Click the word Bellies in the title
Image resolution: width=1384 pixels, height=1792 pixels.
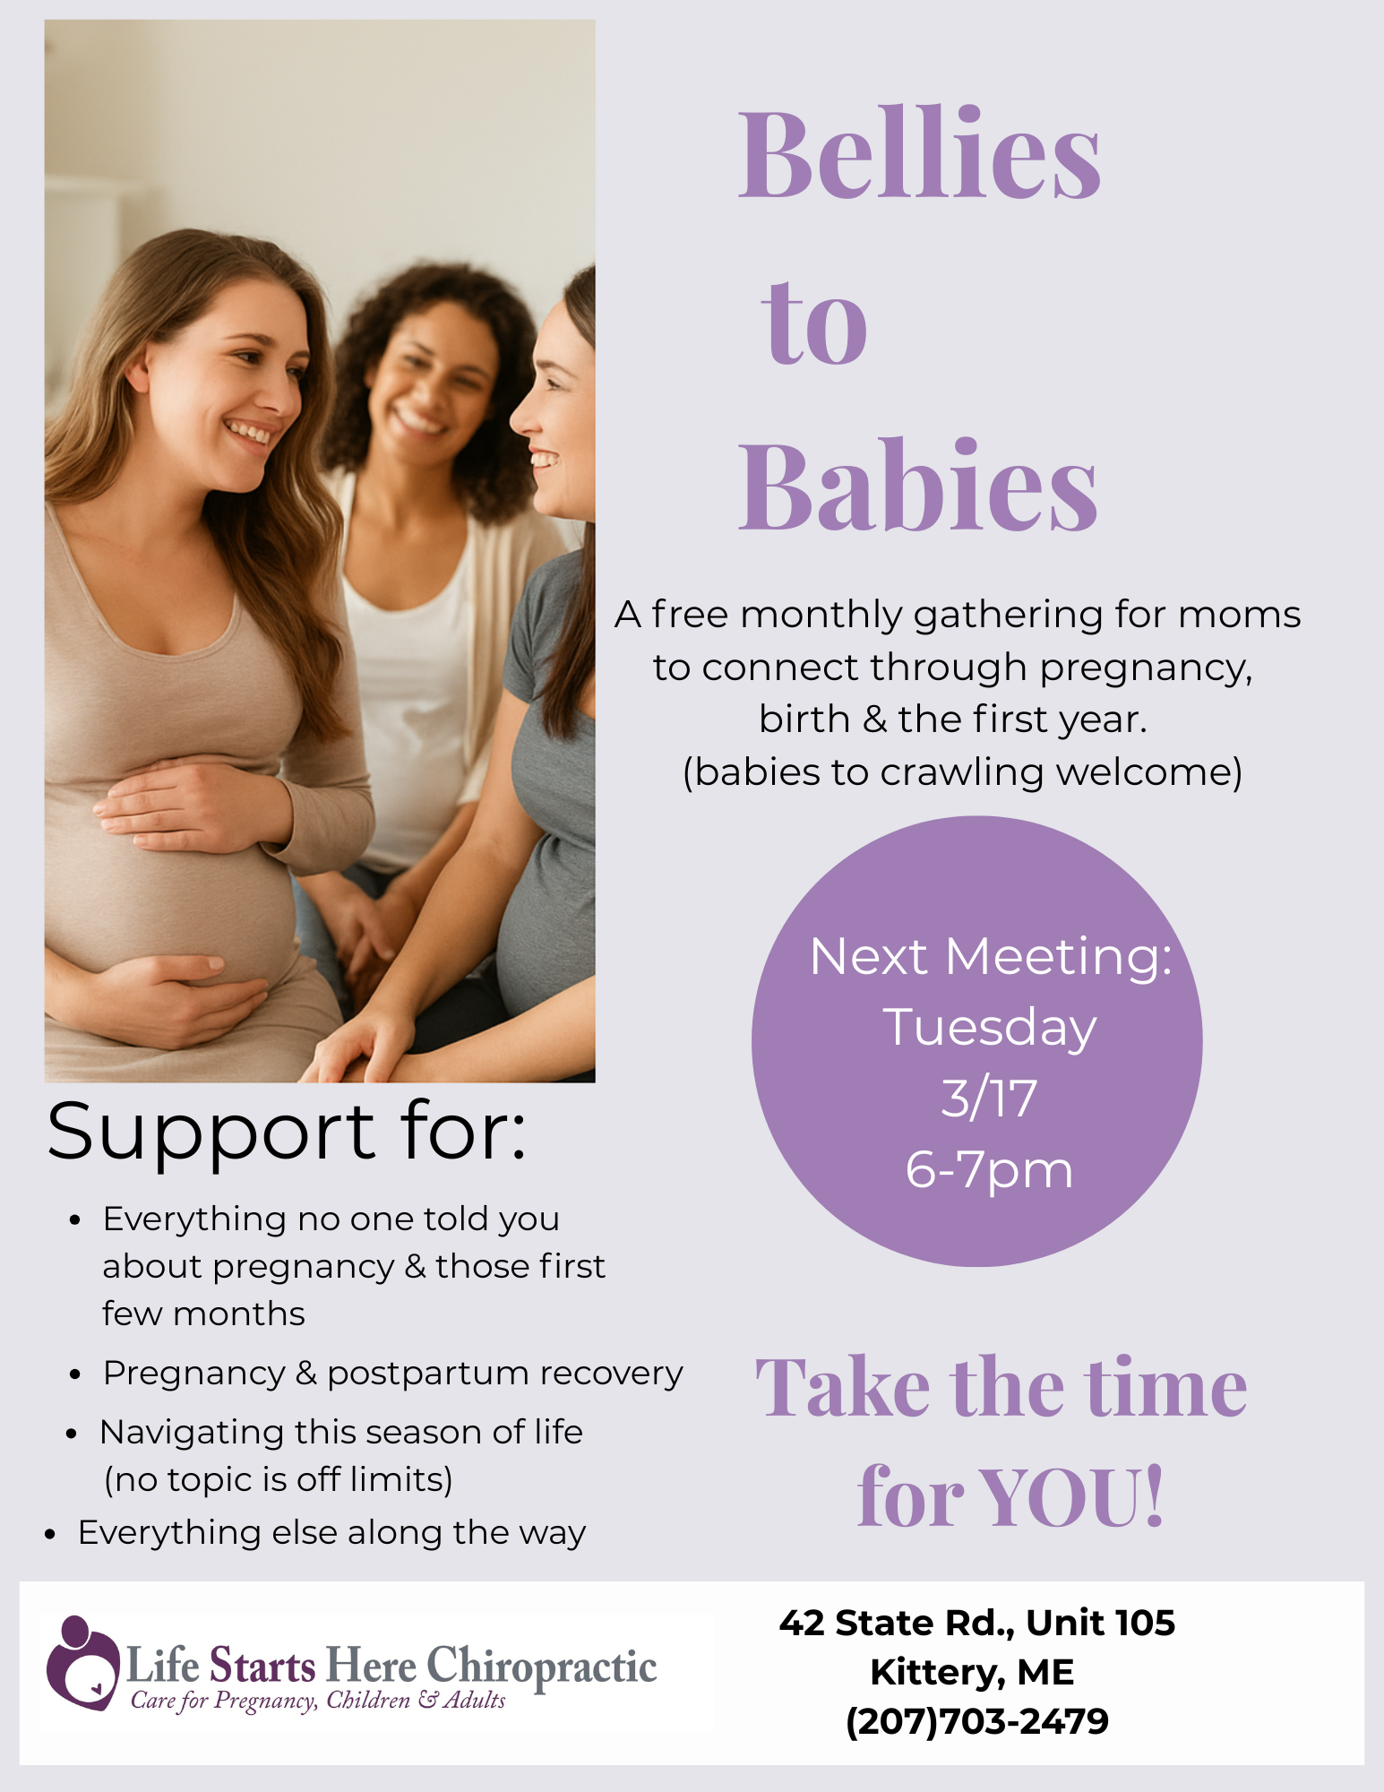click(x=919, y=153)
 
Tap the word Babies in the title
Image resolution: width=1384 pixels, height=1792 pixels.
click(x=917, y=485)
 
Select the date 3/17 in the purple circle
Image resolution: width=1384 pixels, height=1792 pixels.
click(x=989, y=1098)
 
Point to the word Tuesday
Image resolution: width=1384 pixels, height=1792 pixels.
click(x=990, y=1028)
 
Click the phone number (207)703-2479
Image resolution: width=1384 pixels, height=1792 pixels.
click(x=977, y=1721)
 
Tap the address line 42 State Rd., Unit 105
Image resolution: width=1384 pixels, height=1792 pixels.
click(x=977, y=1623)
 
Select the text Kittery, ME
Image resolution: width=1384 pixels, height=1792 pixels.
click(x=972, y=1672)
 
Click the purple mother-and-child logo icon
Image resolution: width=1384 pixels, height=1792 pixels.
click(x=82, y=1663)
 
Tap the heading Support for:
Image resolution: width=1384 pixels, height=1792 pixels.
click(x=287, y=1132)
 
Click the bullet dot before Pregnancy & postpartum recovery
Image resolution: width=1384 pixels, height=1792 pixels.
click(x=75, y=1374)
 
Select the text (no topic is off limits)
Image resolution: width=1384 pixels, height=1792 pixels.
click(x=279, y=1479)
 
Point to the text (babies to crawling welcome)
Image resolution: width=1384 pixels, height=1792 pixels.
click(x=962, y=772)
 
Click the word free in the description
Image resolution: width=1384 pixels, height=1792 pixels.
click(x=688, y=615)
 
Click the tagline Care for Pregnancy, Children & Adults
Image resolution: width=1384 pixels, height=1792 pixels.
click(x=318, y=1701)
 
